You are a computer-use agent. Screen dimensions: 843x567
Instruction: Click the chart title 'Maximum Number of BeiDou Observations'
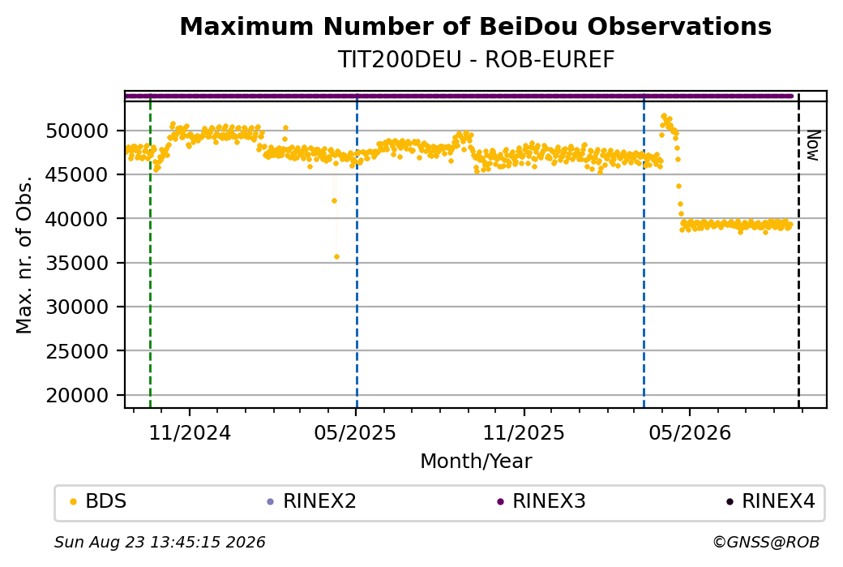pos(475,26)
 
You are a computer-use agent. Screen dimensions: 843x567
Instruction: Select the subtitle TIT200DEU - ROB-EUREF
pos(475,59)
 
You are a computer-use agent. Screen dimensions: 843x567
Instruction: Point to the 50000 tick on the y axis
pos(78,131)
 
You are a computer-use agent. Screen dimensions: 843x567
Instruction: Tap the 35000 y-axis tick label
pos(78,263)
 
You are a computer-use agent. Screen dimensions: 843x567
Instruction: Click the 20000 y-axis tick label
pos(78,395)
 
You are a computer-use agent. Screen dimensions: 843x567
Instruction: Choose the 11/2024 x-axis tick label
pos(190,433)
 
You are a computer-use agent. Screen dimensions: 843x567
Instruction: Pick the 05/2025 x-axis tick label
pos(355,433)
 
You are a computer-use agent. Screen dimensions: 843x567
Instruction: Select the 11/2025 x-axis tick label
pos(524,433)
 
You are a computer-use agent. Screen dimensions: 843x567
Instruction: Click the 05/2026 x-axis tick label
pos(690,433)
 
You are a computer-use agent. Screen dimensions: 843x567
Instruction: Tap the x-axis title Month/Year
pos(476,461)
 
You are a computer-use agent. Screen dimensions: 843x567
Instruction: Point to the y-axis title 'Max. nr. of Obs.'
pos(24,254)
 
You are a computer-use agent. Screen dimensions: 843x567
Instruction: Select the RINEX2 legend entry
pos(312,501)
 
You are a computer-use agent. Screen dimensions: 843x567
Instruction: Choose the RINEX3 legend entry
pos(541,501)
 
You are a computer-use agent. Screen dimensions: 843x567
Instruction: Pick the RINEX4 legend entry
pos(770,501)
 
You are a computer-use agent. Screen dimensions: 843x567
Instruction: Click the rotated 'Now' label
pos(813,145)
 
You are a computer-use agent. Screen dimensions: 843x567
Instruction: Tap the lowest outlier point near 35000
pos(336,256)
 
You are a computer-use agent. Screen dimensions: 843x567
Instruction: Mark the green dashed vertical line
pos(150,250)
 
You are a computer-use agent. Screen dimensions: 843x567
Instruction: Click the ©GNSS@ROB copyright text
pos(766,542)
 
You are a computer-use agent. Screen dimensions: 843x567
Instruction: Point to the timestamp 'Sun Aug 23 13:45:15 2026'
pos(160,542)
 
